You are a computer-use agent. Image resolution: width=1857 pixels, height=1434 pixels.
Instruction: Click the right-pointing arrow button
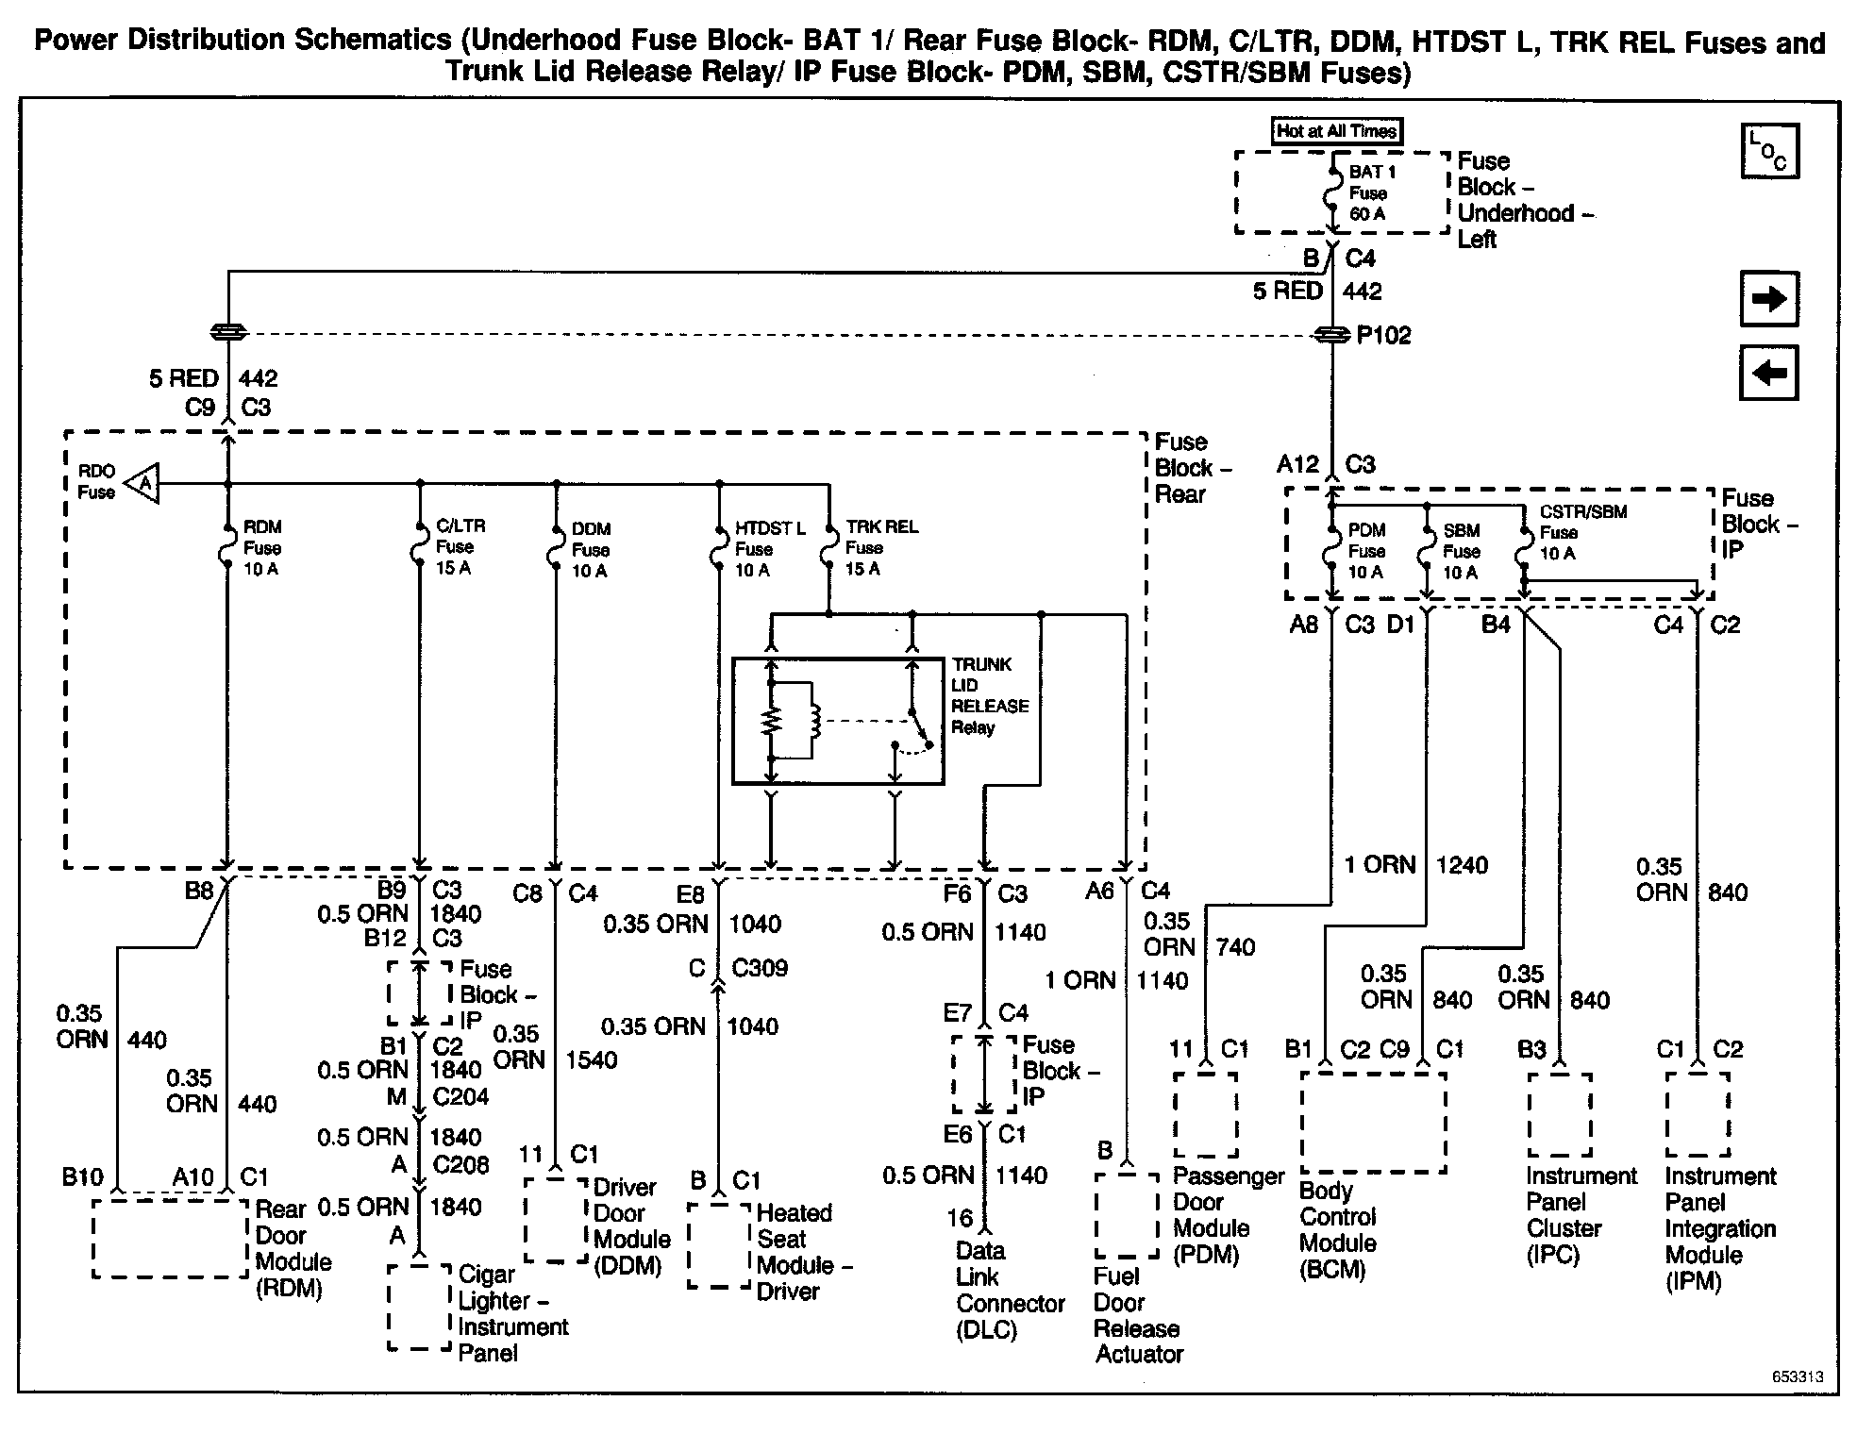pos(1768,299)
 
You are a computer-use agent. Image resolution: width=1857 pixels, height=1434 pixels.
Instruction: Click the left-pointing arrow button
pos(1768,373)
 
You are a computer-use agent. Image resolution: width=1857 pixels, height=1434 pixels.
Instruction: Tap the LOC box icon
pos(1769,151)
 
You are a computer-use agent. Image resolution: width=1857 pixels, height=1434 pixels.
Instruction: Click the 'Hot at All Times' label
pos(1336,131)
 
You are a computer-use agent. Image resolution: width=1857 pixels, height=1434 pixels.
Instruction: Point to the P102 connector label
pos(1383,336)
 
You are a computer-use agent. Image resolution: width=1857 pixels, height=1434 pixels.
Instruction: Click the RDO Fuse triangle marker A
pos(143,484)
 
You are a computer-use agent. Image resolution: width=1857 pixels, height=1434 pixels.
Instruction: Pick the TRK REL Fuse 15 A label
pos(879,548)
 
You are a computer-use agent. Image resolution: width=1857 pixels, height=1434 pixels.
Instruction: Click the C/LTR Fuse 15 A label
pos(460,547)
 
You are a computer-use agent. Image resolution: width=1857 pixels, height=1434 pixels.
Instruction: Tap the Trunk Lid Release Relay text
pos(988,695)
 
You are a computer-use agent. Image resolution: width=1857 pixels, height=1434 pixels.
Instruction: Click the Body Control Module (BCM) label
pos(1337,1229)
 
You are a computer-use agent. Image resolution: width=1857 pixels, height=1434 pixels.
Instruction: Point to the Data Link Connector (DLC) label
pos(1009,1290)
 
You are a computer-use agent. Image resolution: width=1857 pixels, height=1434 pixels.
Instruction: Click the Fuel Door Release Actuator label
pos(1137,1315)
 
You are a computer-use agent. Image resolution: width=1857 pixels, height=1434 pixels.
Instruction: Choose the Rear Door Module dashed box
pos(170,1239)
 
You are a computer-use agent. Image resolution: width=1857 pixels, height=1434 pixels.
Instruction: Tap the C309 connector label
pos(760,968)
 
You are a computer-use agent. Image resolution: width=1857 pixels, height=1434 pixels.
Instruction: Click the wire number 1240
pos(1462,865)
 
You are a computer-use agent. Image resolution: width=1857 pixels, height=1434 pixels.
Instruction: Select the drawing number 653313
pos(1797,1376)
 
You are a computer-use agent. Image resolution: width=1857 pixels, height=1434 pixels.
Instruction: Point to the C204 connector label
pos(460,1097)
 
